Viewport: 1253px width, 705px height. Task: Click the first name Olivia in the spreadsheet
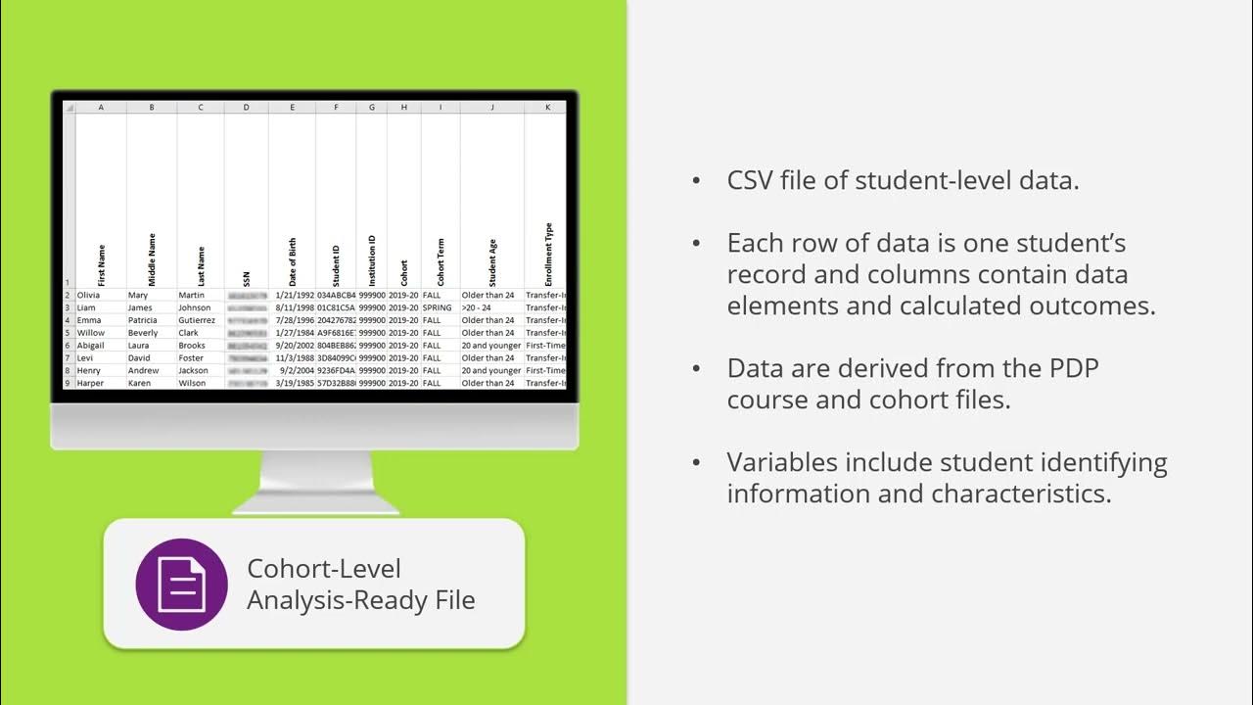point(90,295)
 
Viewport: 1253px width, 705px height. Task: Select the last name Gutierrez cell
point(197,320)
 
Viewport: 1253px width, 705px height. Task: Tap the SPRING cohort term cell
point(438,307)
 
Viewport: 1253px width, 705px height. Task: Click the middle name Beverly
point(143,333)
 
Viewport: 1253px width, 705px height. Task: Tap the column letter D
point(247,108)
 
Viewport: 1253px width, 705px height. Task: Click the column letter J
point(492,108)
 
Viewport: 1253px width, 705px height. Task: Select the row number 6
point(69,346)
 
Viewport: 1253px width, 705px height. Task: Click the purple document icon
point(181,584)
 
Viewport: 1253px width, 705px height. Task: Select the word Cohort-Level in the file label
point(324,569)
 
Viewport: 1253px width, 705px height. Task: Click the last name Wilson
point(193,383)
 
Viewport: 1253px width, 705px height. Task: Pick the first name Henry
point(89,371)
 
